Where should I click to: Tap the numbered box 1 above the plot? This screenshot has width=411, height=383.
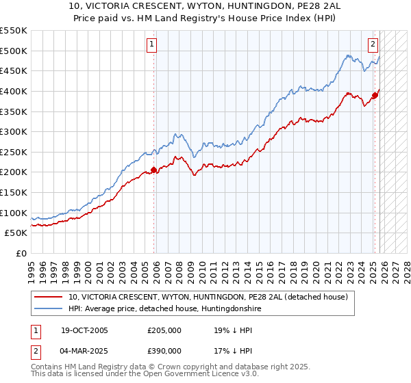(x=151, y=45)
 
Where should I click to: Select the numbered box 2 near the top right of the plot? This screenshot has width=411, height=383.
(x=373, y=45)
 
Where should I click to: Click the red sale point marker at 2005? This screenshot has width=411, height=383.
(x=153, y=170)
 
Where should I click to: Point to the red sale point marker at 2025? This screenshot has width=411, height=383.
(x=375, y=95)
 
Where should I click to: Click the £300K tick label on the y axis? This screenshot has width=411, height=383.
(x=14, y=131)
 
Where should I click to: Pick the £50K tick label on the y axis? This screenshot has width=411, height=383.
(x=16, y=233)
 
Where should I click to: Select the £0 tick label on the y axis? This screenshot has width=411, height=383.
(x=22, y=254)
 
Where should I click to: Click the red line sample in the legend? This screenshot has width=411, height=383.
(x=49, y=297)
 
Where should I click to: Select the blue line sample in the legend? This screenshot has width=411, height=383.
(x=49, y=308)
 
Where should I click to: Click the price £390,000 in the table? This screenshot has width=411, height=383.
(x=164, y=350)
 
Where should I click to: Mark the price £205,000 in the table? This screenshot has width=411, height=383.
(x=164, y=330)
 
